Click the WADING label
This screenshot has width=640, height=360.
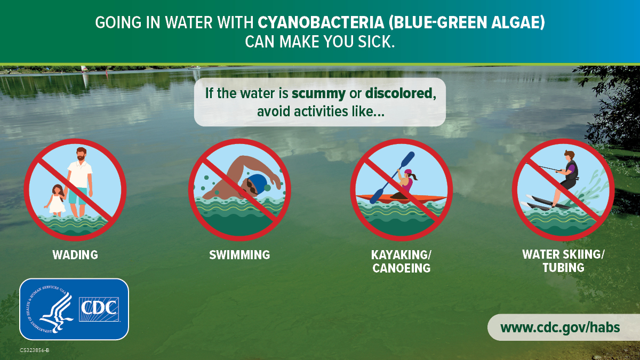(x=75, y=255)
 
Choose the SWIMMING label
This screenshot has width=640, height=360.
(x=239, y=255)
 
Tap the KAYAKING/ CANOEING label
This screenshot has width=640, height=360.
(x=401, y=261)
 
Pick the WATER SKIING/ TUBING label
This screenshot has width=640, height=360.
(x=563, y=261)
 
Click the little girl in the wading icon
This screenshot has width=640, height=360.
(x=56, y=199)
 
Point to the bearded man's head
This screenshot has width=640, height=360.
(x=80, y=155)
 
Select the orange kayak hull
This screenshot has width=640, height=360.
(x=401, y=198)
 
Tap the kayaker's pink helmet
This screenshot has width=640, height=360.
(x=409, y=173)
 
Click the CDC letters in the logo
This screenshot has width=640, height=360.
(x=99, y=309)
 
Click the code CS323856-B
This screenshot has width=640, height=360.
(x=35, y=350)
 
